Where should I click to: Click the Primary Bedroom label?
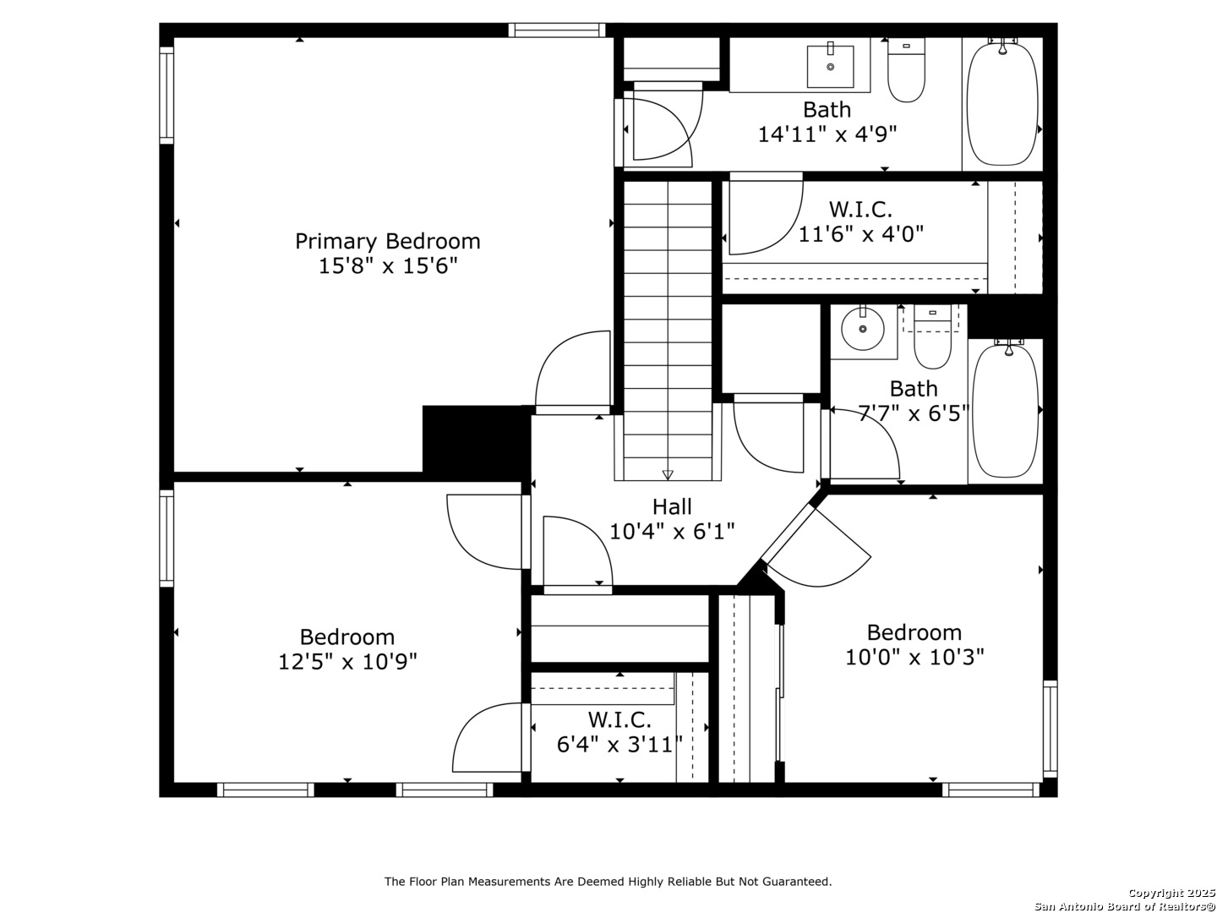tap(387, 242)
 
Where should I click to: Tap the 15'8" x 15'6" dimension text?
tap(388, 266)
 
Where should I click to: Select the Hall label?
tap(671, 506)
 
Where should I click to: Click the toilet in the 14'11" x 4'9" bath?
tap(906, 70)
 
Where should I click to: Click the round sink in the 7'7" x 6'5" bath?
tap(862, 330)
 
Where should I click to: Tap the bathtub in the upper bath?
tap(1001, 103)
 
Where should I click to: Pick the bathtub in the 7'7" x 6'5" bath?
tap(1004, 409)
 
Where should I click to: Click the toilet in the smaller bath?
tap(932, 336)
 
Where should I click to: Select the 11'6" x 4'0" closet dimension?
tap(860, 234)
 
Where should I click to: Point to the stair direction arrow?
tap(668, 474)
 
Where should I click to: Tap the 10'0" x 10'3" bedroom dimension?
tap(914, 658)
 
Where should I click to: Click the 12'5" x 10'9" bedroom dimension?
tap(347, 661)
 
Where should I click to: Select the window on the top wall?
tap(557, 30)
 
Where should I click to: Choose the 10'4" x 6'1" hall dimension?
tap(671, 531)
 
